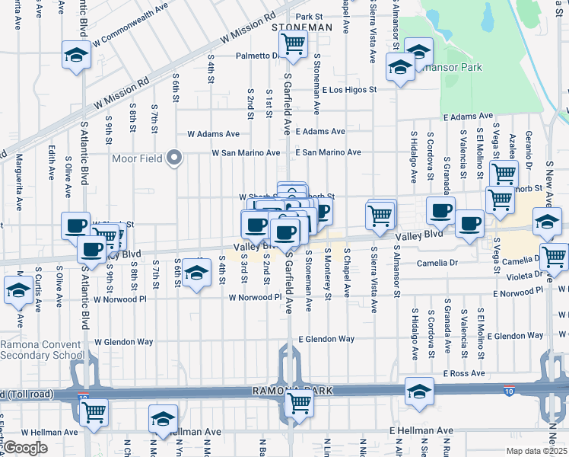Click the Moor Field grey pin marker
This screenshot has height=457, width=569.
click(x=174, y=159)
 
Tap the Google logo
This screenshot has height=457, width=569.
click(x=25, y=448)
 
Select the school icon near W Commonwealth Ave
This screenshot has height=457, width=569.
click(x=76, y=55)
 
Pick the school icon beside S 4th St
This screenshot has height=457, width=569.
click(x=196, y=272)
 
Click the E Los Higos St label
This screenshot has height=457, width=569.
click(x=348, y=90)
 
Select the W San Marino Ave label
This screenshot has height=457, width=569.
click(x=243, y=152)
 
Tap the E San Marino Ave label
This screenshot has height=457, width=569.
click(x=327, y=152)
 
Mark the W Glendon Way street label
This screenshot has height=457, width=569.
click(x=124, y=342)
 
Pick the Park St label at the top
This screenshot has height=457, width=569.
click(x=310, y=16)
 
